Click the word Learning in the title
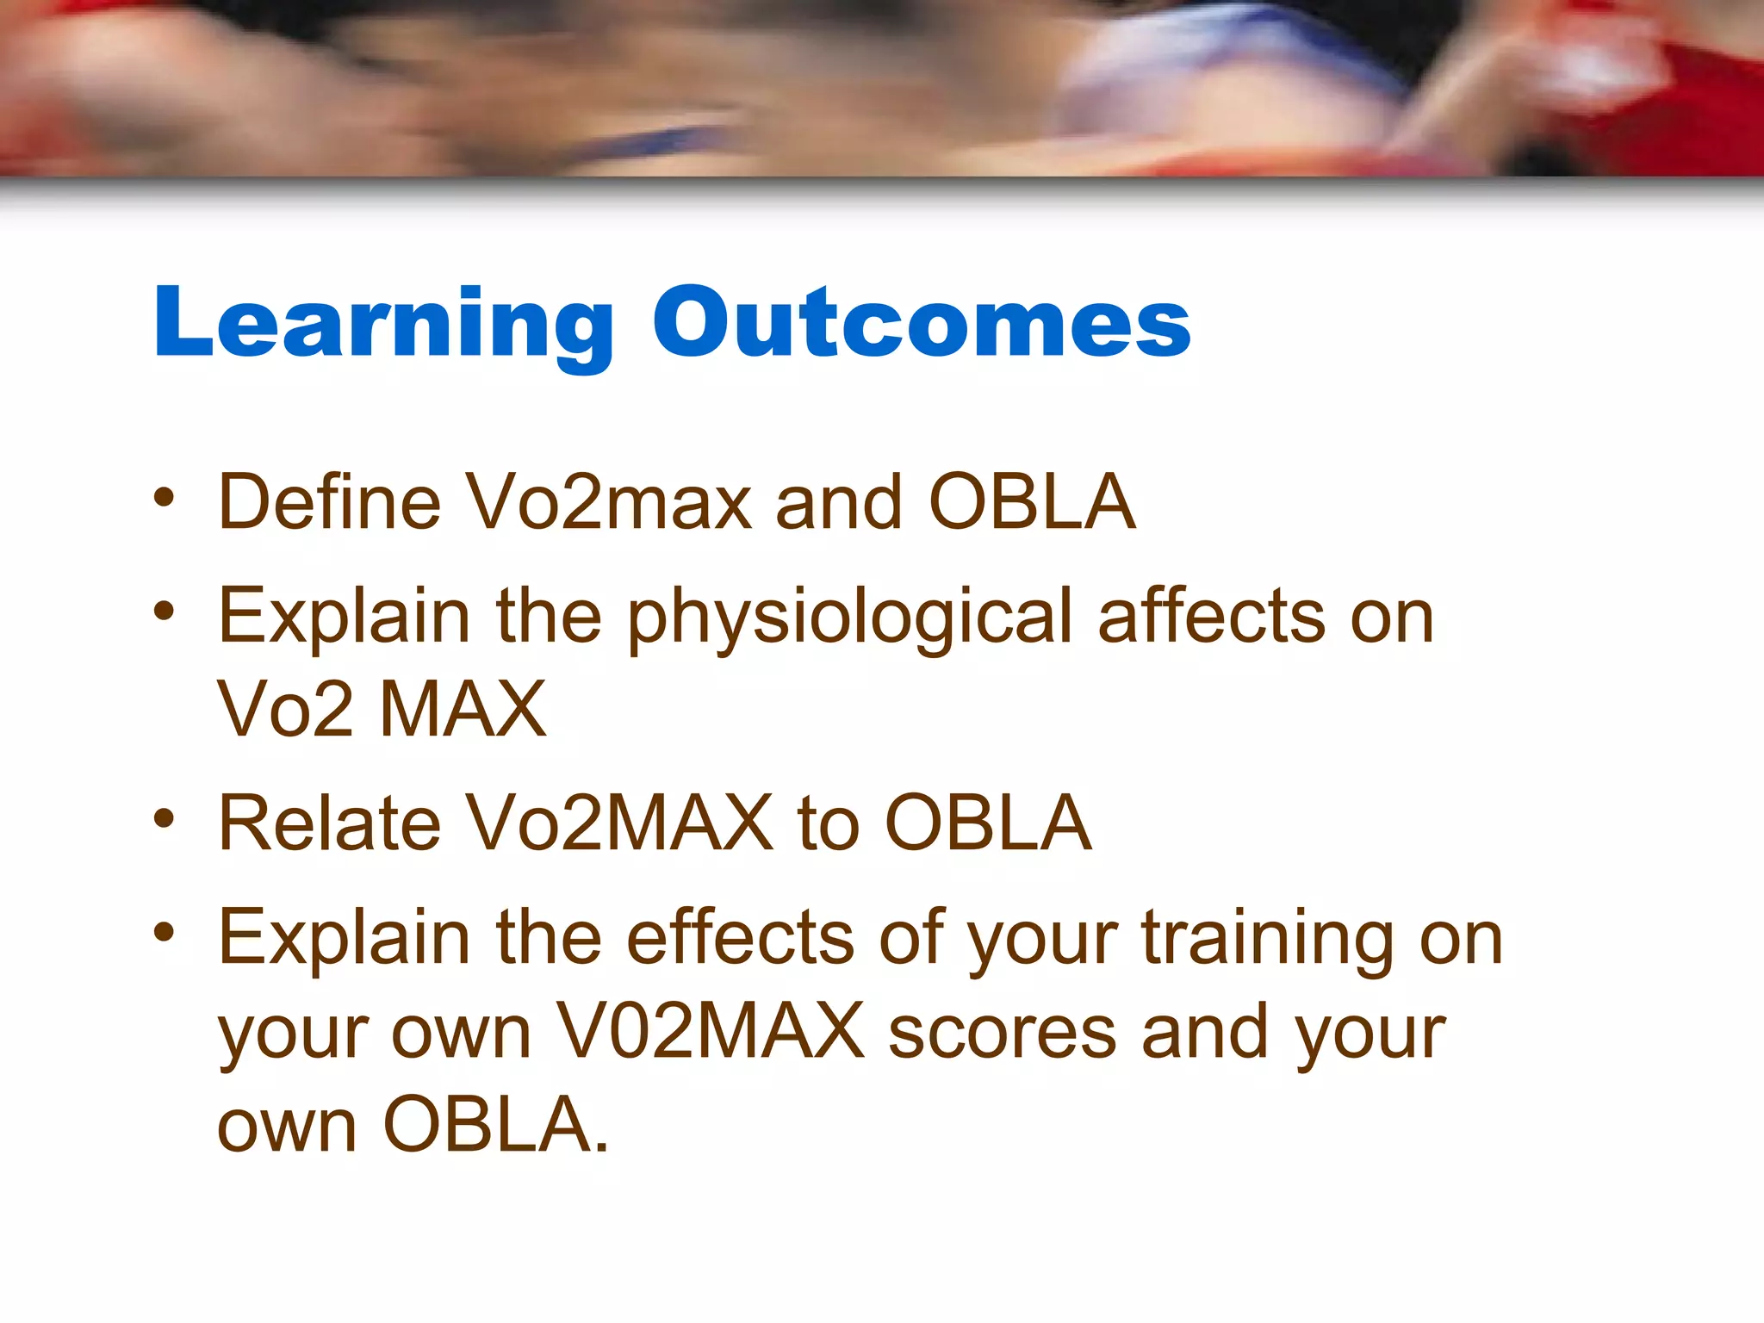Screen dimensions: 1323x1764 point(382,323)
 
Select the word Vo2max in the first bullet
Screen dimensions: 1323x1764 point(608,502)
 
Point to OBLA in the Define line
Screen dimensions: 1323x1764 point(1031,502)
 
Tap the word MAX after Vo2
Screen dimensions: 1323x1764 point(463,710)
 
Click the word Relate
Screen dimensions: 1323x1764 point(329,824)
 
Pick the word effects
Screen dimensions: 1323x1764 point(740,938)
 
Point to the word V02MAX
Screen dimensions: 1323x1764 point(710,1031)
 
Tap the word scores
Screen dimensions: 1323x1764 point(1002,1033)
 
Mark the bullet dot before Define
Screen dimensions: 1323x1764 point(164,497)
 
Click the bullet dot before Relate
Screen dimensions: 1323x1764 point(164,818)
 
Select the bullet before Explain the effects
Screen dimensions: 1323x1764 point(164,932)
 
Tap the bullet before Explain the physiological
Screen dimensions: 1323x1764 point(164,612)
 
